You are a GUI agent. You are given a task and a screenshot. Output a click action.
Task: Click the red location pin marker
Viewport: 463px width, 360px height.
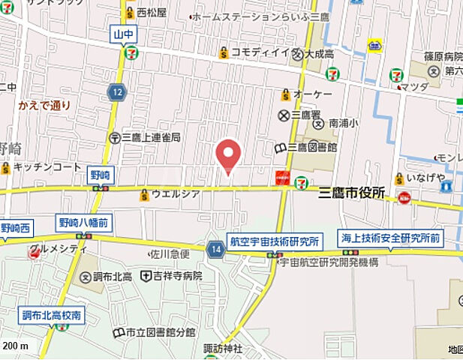point(228,155)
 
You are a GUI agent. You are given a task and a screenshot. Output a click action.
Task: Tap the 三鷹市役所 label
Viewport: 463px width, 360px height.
point(351,193)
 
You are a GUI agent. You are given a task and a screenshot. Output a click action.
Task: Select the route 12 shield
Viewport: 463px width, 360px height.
point(116,92)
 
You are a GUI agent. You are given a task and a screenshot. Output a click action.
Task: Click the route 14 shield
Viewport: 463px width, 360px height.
point(216,249)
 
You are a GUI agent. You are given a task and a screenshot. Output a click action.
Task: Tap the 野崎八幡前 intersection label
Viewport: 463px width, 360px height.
point(82,222)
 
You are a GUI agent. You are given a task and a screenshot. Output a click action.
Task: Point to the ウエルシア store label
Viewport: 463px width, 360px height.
point(175,195)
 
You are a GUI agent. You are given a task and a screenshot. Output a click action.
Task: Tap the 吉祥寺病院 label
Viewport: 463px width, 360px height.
point(177,276)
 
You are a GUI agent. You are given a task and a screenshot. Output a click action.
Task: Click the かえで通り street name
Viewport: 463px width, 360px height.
point(44,105)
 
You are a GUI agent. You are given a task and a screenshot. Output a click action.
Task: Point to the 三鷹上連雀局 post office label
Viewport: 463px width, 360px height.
point(149,137)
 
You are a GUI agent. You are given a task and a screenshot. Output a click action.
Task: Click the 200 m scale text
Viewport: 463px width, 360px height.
point(15,346)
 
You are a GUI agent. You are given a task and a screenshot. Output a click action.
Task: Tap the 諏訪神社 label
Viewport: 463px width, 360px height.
point(224,349)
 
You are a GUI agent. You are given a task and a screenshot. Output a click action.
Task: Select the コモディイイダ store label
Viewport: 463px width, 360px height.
point(259,52)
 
